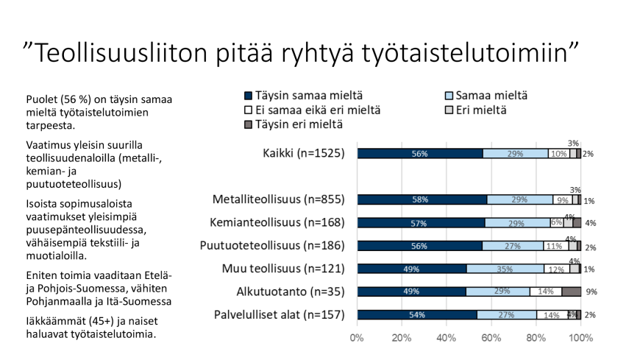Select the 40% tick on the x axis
[447, 338]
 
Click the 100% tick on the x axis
[581, 338]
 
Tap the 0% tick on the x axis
[357, 338]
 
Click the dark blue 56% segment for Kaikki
[419, 154]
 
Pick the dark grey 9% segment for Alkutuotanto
[571, 292]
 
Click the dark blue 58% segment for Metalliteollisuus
[422, 200]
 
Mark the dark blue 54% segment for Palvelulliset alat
[417, 314]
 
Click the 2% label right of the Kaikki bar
[589, 154]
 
